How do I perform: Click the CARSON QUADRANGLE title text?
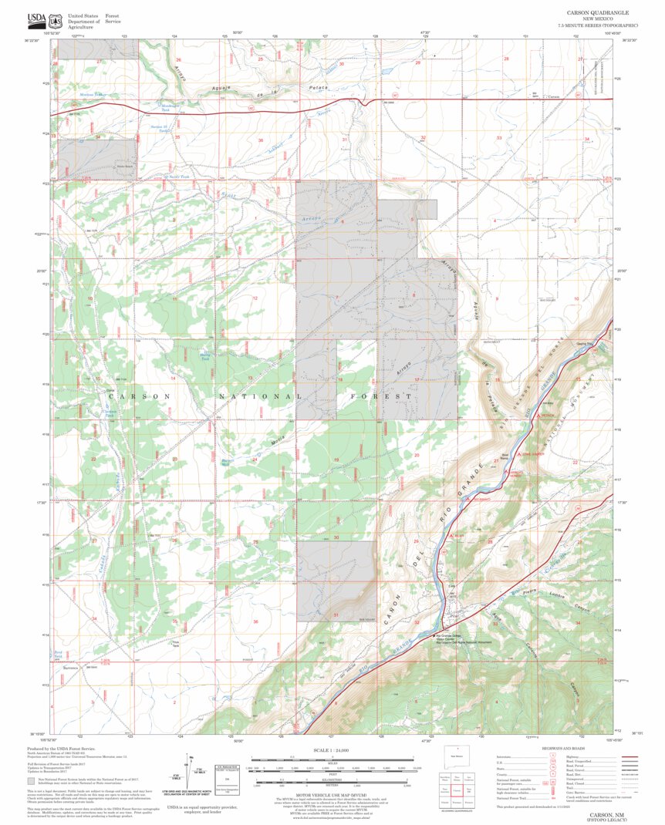tap(598, 13)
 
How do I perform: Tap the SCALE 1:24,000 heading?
tap(332, 749)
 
